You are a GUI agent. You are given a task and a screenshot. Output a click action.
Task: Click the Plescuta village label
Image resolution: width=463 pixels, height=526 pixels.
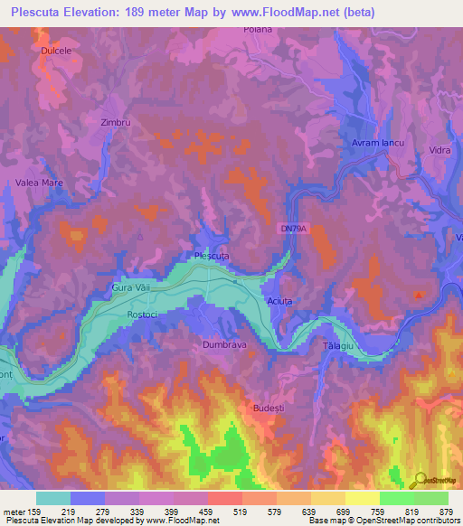click(212, 257)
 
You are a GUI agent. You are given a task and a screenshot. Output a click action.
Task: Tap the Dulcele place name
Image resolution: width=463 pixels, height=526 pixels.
click(56, 52)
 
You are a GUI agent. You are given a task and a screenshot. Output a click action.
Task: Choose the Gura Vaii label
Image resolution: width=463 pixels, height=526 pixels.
click(128, 286)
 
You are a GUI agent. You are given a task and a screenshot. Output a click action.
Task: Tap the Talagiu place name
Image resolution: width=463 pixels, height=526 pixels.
click(336, 347)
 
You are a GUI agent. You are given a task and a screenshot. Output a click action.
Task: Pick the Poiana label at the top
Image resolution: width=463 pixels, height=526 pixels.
click(258, 29)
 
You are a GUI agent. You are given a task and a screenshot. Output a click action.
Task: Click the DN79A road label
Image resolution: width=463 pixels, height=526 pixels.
click(294, 230)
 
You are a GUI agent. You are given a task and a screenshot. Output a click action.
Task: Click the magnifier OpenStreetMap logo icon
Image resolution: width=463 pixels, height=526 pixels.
click(419, 480)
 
